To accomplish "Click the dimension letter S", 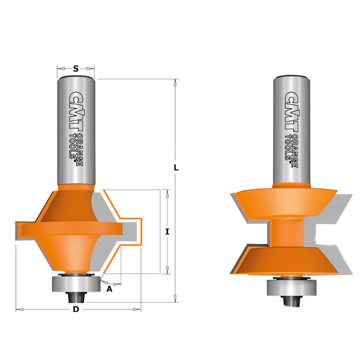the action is point(76,68).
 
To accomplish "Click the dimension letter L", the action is point(176,168).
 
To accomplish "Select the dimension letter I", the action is point(167,232).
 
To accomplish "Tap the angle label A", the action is point(110,289).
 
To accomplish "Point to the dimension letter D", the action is point(76,310).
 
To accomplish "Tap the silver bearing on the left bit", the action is point(76,284).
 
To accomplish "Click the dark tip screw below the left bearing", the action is point(76,298).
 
